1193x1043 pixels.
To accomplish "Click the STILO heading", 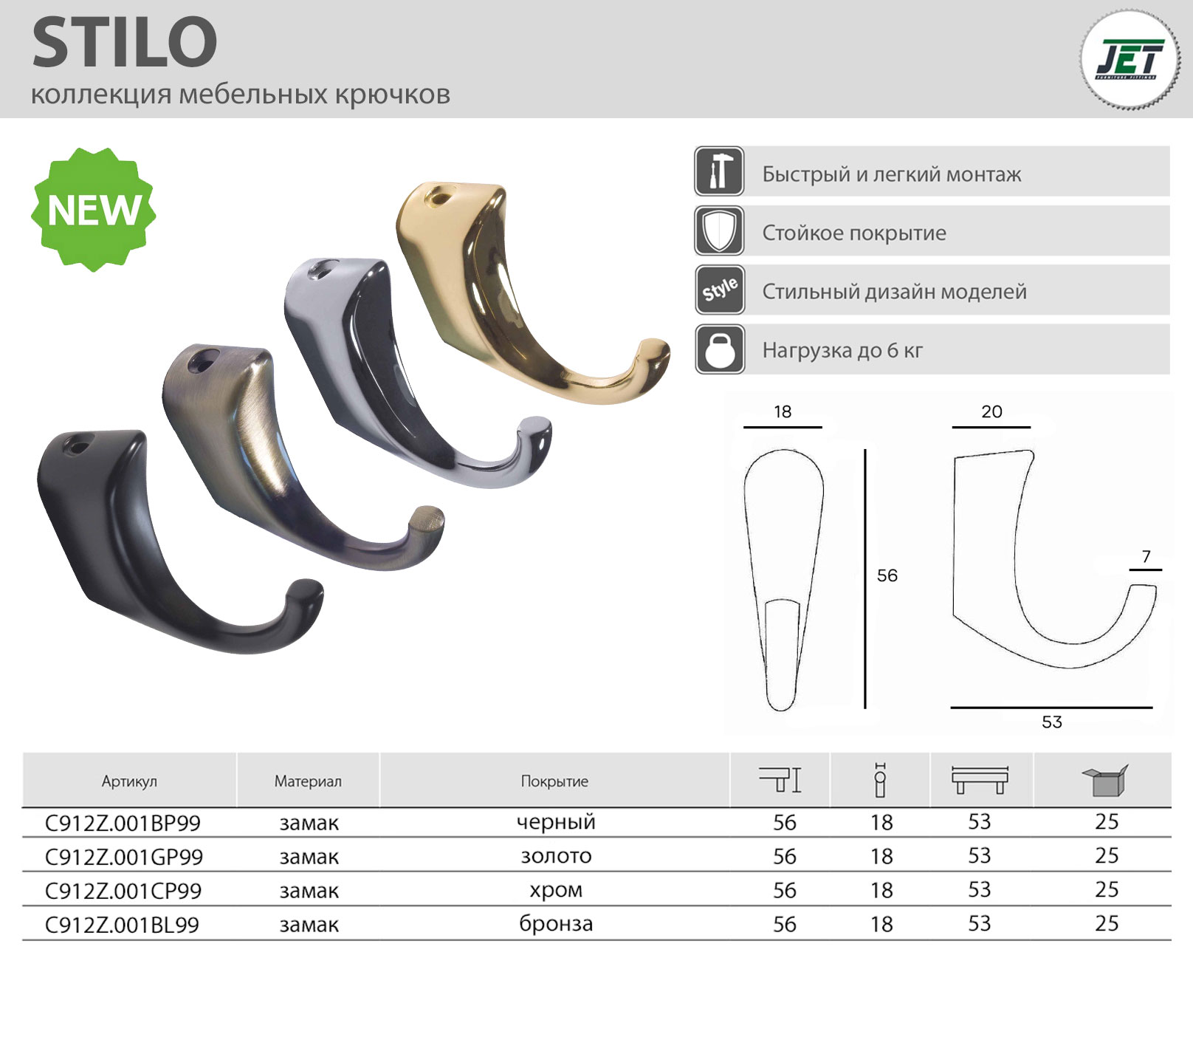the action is point(125,43).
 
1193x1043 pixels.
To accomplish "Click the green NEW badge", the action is point(94,209).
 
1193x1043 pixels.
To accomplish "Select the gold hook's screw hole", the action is point(439,197).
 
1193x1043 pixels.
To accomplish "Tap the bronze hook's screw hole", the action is point(198,360).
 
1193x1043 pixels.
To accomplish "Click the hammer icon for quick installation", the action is point(719,171).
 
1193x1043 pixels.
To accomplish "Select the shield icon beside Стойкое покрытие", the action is point(719,230).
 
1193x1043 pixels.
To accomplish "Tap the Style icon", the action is point(719,290).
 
